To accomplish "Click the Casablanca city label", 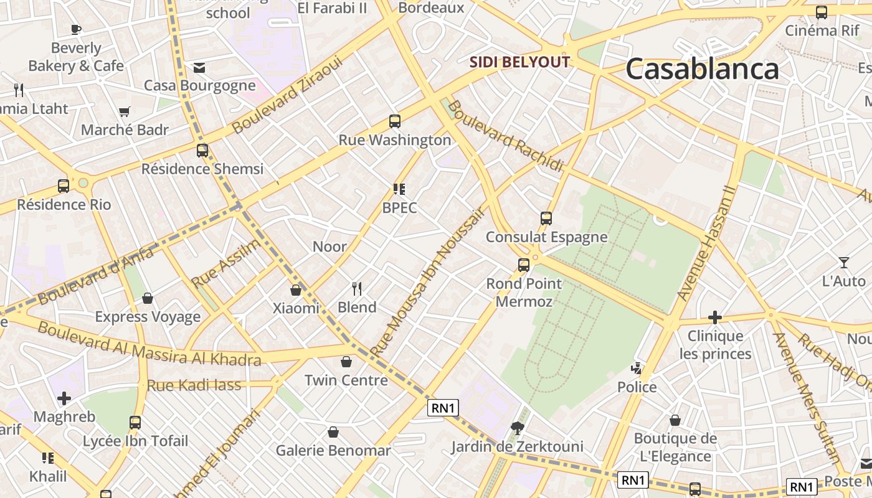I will [702, 68].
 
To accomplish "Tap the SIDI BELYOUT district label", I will [519, 62].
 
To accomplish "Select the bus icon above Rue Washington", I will [395, 121].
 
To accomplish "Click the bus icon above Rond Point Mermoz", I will [524, 265].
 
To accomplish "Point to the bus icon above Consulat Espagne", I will [546, 218].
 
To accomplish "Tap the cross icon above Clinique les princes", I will [714, 317].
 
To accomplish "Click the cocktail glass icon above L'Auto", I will [843, 263].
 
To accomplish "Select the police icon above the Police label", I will [637, 368].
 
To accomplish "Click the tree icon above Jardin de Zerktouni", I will [517, 428].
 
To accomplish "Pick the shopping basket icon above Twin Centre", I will [346, 362].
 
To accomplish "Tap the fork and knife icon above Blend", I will [357, 288].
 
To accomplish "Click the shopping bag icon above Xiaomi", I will [296, 290].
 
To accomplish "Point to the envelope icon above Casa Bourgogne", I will [199, 67].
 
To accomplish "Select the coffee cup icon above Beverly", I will [76, 29].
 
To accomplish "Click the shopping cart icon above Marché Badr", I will [125, 112].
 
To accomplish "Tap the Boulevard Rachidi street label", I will [505, 136].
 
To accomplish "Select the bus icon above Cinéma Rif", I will [822, 12].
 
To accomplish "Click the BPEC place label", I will [399, 208].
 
